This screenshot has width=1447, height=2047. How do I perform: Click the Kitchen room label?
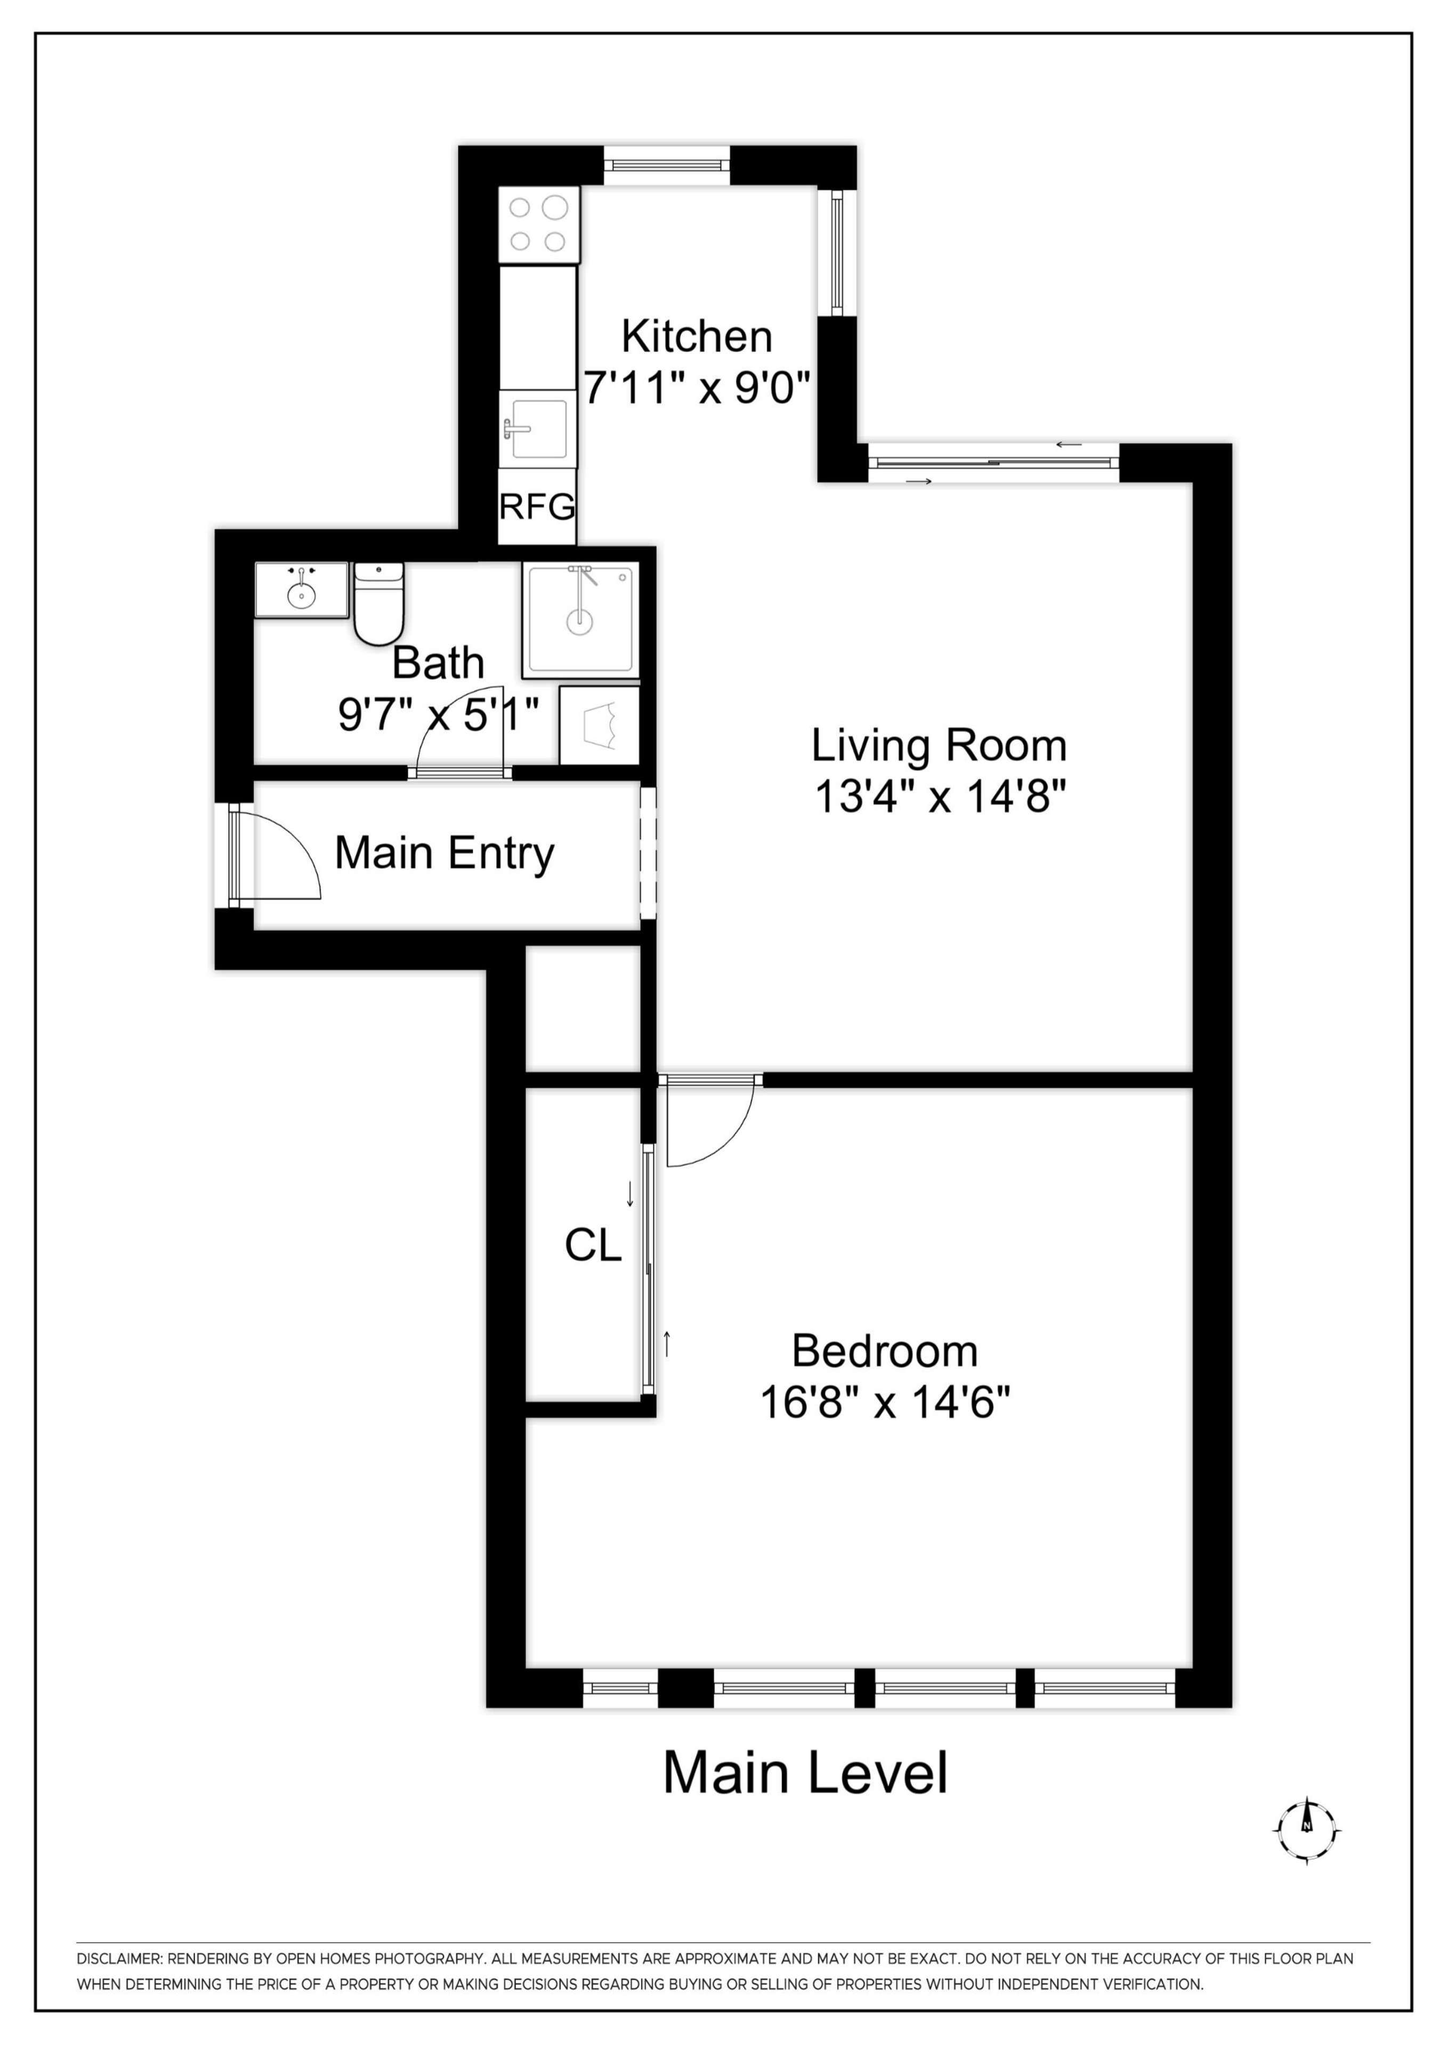coord(696,337)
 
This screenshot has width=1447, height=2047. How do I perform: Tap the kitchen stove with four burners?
coord(538,224)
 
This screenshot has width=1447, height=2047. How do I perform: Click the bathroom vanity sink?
coord(301,590)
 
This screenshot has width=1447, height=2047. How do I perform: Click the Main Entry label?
coord(444,853)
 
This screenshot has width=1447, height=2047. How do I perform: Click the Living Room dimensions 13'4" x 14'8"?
coord(940,796)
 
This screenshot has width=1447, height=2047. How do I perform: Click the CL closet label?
coord(593,1245)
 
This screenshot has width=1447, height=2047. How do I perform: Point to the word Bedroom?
coord(884,1351)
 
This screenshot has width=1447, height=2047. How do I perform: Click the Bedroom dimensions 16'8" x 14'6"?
coord(884,1403)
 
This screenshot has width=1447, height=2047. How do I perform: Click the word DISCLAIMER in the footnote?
coord(118,1959)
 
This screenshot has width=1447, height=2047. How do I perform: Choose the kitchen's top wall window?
coord(667,165)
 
